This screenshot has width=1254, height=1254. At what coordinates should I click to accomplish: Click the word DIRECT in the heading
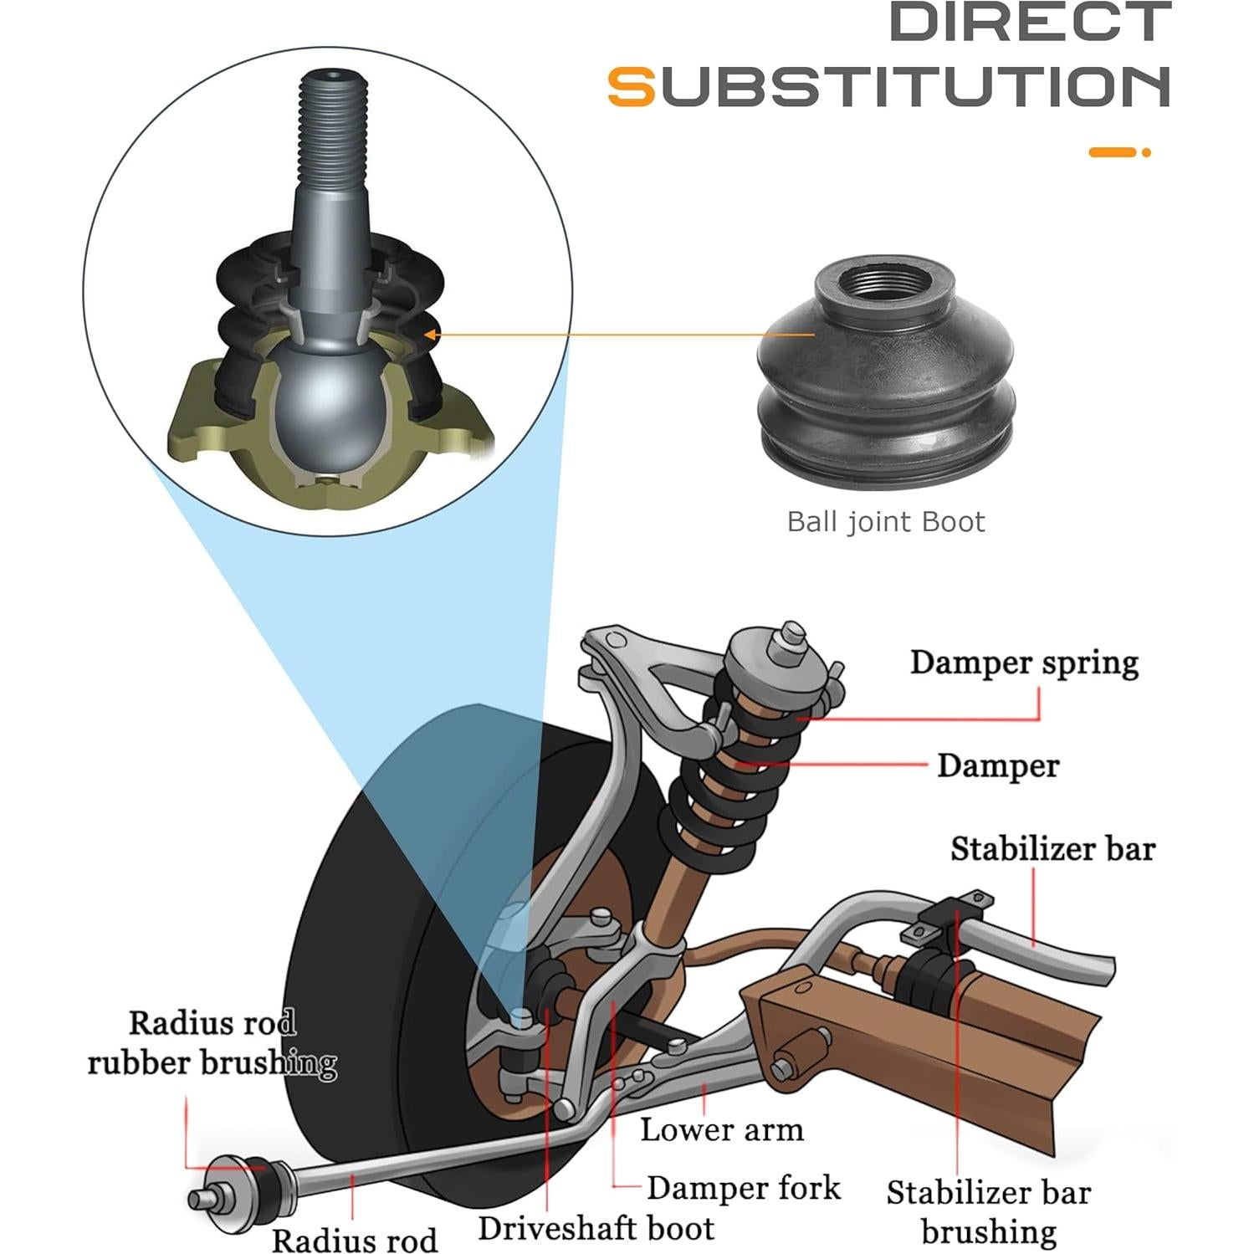[1029, 22]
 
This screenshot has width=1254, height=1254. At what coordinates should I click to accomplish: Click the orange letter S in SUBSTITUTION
[632, 87]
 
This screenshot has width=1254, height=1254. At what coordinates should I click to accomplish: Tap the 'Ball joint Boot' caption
[885, 522]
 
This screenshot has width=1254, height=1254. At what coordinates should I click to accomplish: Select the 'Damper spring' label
[1024, 663]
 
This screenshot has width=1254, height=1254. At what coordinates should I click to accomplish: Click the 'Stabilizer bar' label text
[1052, 848]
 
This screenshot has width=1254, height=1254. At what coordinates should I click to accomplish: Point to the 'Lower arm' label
[721, 1129]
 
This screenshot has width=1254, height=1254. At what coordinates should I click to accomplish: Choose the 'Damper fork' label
[743, 1188]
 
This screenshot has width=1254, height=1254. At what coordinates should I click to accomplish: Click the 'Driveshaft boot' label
[596, 1228]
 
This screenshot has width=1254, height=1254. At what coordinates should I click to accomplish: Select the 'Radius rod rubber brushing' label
[212, 1043]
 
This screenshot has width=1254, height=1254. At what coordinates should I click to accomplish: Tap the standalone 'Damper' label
[997, 765]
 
